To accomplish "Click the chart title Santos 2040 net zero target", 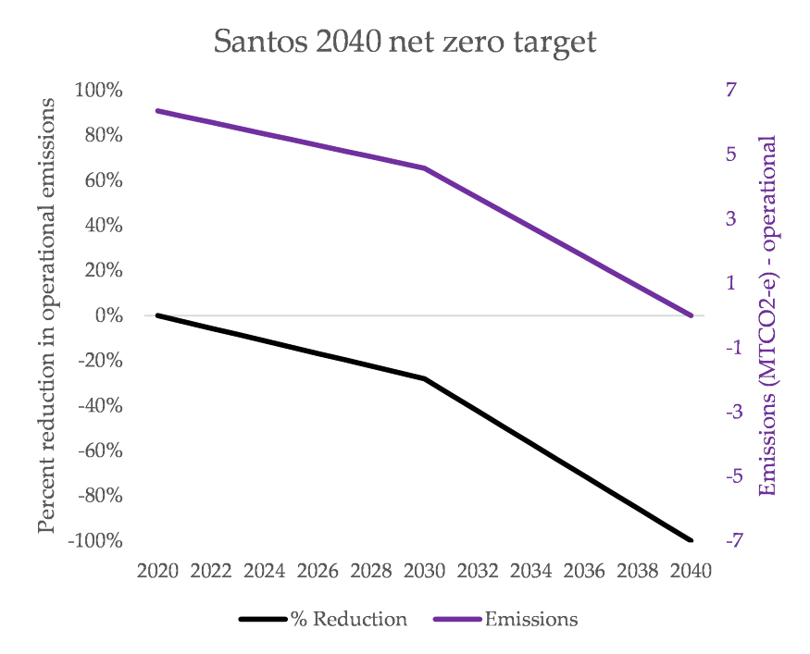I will [x=405, y=42].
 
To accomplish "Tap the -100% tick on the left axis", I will [x=95, y=540].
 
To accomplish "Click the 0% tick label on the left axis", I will [x=108, y=315].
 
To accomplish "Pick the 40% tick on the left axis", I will [x=105, y=226].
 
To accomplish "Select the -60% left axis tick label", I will [x=98, y=450].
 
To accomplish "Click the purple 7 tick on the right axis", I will [x=731, y=90].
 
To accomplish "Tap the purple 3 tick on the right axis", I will [x=731, y=218].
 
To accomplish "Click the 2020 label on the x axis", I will [x=157, y=571].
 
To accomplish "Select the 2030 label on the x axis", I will [x=425, y=571].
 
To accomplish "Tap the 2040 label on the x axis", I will [x=692, y=571].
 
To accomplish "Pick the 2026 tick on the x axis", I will [x=318, y=571].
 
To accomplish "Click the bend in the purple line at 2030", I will [x=425, y=168].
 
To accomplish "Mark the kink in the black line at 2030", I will [x=425, y=378].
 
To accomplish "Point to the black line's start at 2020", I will [x=158, y=315].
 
